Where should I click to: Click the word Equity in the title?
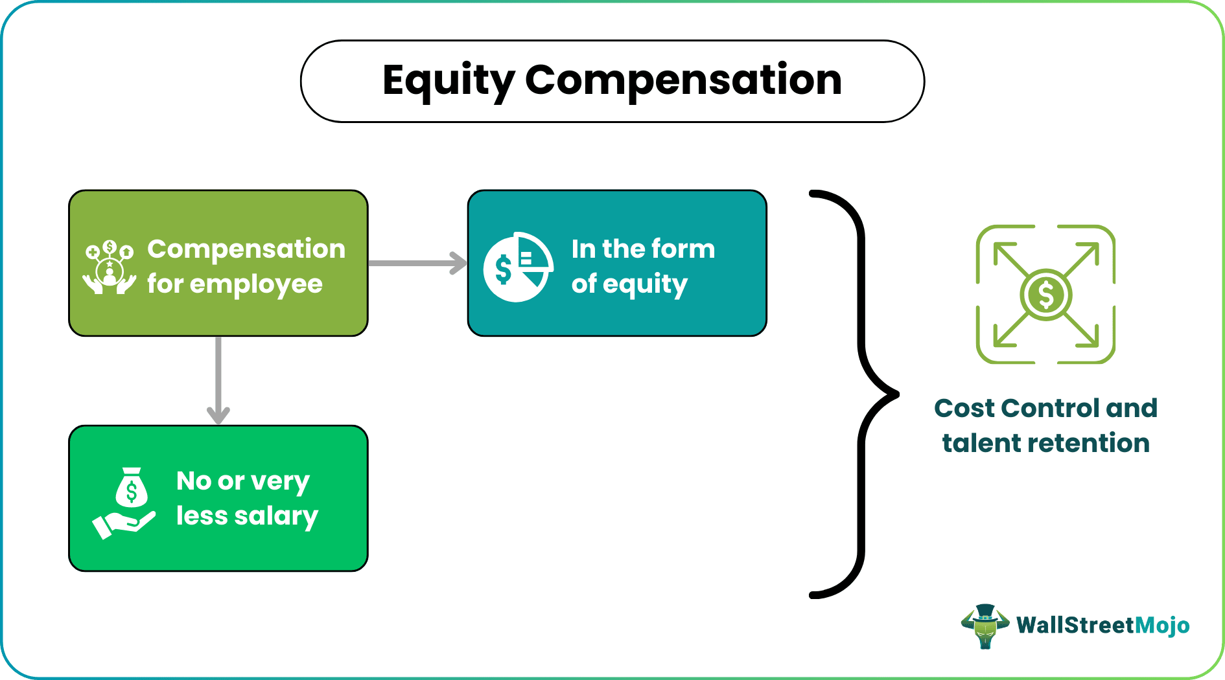coord(448,82)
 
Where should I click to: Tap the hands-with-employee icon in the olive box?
coord(109,267)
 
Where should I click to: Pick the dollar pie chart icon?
coord(518,267)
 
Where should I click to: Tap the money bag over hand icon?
coord(125,503)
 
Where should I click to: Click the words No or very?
coord(243,481)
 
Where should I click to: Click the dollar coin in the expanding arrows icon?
coord(1045,295)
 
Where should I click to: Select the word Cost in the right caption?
coord(964,409)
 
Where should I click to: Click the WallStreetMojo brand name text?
coord(1102,626)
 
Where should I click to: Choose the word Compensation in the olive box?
coord(246,249)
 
